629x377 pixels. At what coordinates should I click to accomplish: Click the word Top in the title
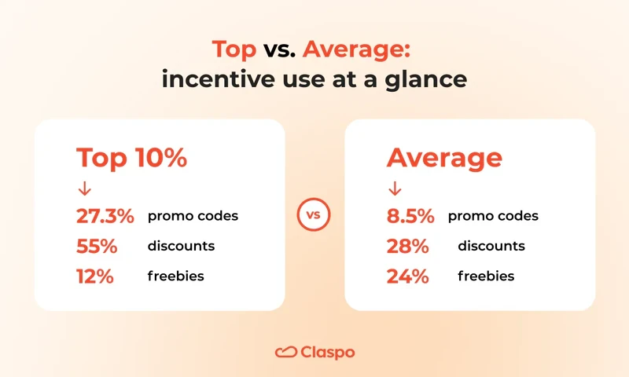coord(234,50)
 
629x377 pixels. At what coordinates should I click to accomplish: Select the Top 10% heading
coord(131,158)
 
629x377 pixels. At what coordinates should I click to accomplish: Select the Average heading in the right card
coord(443,158)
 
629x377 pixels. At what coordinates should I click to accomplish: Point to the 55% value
coord(96,246)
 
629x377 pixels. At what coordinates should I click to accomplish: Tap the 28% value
coord(407,246)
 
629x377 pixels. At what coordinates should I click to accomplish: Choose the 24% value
coord(407,276)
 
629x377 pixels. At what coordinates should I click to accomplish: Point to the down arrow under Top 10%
coord(83,189)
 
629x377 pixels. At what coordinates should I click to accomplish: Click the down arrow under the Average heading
coord(395,189)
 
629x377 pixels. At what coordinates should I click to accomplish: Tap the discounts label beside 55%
coord(181,246)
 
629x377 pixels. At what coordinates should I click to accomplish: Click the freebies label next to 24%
coord(486,276)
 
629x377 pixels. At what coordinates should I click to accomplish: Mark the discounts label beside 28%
coord(491,246)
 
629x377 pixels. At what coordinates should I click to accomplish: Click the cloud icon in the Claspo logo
coord(285,353)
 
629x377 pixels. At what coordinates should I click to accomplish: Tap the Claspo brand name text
coord(327,353)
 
